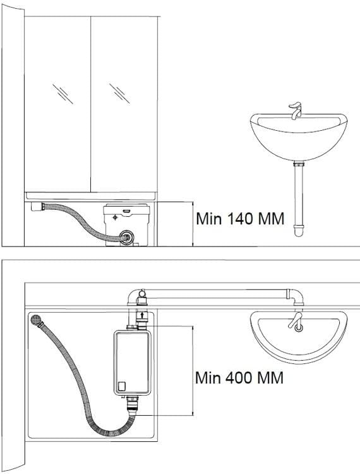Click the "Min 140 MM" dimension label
click(240, 219)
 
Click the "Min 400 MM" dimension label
click(239, 377)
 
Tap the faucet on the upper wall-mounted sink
click(296, 111)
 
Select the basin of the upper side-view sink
click(299, 137)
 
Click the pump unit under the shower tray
click(126, 225)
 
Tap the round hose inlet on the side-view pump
click(127, 237)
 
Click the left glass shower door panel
click(57, 104)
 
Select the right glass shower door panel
click(124, 104)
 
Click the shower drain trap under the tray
click(37, 207)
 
